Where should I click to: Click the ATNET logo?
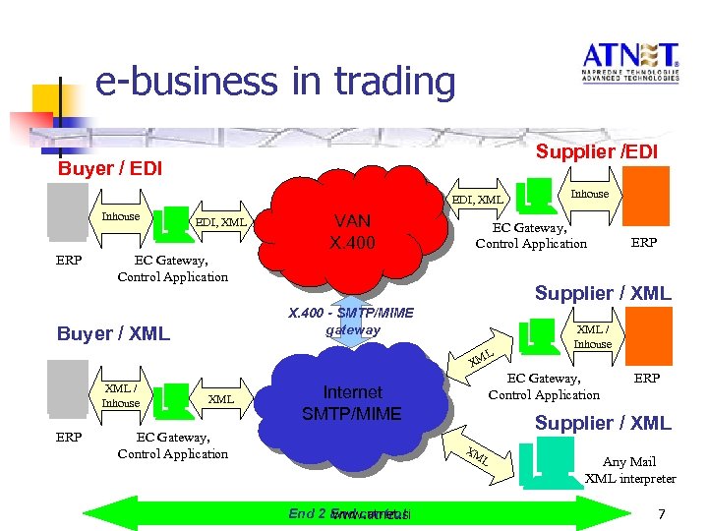[629, 66]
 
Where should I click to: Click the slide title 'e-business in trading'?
[275, 82]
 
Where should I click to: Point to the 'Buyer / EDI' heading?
[110, 168]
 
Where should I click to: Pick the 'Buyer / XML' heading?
[113, 333]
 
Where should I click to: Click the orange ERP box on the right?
[646, 196]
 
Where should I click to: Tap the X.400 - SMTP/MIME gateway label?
[352, 322]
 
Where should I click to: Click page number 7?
[661, 514]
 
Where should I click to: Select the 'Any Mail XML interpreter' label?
[630, 470]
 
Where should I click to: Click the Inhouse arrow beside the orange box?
[590, 195]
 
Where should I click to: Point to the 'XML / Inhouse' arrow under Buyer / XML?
[122, 395]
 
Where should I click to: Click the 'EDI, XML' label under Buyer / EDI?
[220, 222]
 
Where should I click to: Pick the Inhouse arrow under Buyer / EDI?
[122, 218]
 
